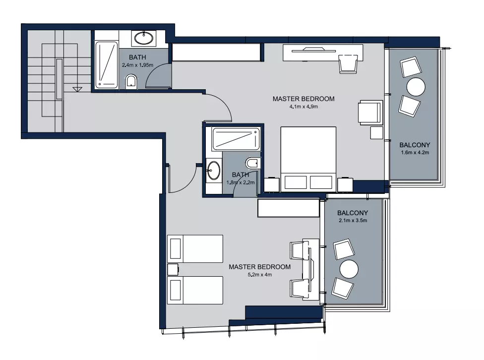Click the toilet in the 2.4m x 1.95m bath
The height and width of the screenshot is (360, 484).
[131, 81]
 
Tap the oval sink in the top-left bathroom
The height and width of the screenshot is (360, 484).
[143, 38]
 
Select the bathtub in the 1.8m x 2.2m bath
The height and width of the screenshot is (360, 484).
[236, 139]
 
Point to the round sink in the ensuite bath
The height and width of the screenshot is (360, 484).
[214, 170]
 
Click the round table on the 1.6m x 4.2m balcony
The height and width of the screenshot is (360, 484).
[416, 87]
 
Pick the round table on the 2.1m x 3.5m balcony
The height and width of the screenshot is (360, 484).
[349, 269]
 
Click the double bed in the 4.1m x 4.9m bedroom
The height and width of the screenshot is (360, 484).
[308, 159]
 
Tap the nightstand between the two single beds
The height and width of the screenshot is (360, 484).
[173, 269]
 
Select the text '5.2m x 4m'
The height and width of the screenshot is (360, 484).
[259, 275]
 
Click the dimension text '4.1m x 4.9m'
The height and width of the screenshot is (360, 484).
[303, 107]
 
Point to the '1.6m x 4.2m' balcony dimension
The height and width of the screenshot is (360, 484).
[415, 152]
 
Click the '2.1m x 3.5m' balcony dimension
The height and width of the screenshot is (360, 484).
[353, 220]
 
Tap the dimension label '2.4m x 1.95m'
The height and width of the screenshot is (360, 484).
[138, 65]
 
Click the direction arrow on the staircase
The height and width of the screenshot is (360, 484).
[77, 90]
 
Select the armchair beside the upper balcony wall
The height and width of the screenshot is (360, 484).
[370, 113]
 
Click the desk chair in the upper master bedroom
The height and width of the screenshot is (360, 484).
[348, 64]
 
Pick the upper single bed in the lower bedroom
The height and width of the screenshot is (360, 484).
[195, 249]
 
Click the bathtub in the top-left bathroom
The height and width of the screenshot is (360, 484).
[107, 65]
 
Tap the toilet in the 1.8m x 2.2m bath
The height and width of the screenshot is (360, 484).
[252, 163]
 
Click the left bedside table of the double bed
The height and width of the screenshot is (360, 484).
[272, 184]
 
